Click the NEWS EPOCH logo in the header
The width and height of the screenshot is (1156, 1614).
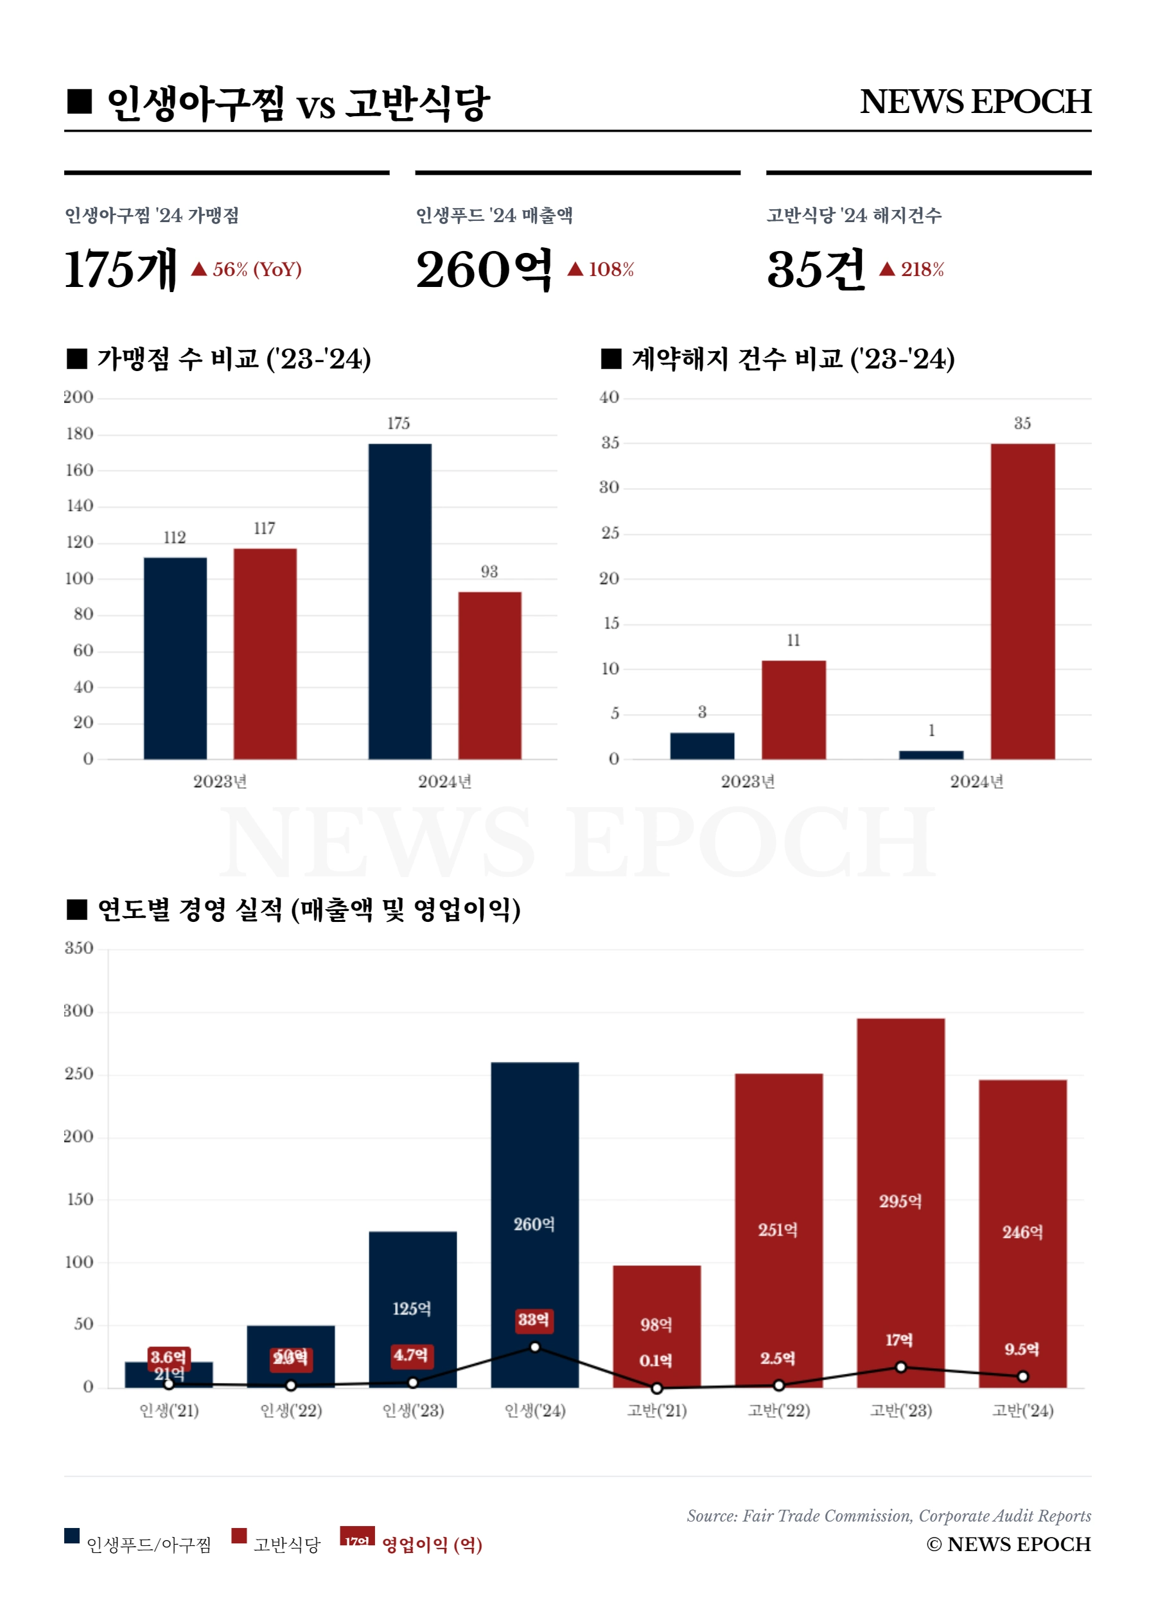974,102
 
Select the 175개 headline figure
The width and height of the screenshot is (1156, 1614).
120,270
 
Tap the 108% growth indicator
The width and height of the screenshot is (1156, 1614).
602,270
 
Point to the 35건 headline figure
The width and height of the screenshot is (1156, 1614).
816,270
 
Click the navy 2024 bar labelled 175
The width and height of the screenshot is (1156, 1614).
399,601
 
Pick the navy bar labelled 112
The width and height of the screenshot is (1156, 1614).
175,657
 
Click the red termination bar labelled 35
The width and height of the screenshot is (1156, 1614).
1022,601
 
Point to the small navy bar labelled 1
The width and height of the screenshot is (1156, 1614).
931,754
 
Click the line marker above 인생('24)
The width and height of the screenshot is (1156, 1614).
534,1346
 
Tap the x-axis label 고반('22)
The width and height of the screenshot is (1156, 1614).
779,1410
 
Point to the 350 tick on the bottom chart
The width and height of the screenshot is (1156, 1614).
79,948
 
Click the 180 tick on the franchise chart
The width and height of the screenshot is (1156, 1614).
80,433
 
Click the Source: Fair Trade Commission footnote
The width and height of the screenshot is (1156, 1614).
888,1515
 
